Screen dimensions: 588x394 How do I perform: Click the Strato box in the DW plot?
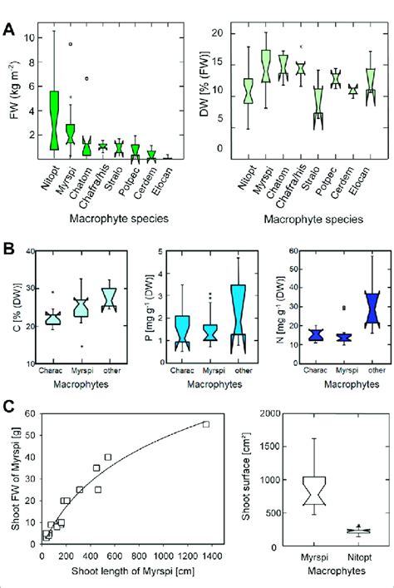pos(317,109)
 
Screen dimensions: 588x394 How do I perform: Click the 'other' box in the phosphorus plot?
pos(239,310)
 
